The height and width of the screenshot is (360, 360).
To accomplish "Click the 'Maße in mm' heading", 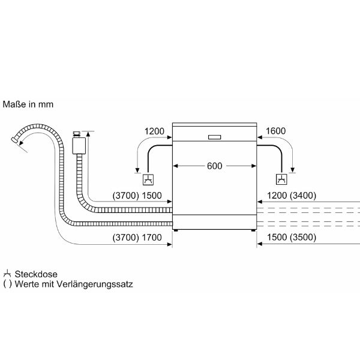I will click(28, 104).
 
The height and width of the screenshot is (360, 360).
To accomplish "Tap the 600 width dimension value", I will click(214, 166).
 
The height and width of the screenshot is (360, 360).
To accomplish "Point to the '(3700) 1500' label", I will click(137, 195).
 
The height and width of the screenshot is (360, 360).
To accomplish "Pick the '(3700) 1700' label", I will click(137, 238).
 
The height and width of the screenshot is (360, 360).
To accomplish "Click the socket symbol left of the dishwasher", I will click(148, 179).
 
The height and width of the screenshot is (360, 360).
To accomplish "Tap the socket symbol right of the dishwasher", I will click(280, 179).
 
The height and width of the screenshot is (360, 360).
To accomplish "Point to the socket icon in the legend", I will click(7, 273).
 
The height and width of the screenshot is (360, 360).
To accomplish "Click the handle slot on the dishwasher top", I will click(214, 137).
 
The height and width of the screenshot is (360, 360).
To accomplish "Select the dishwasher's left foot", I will click(176, 230).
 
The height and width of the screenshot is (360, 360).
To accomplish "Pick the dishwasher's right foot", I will click(253, 230).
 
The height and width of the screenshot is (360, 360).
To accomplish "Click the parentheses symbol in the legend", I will click(7, 284).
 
